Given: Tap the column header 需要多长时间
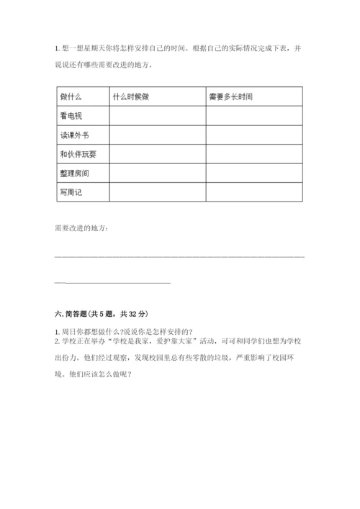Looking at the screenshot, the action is click(x=230, y=96).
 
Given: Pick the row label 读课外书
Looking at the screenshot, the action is click(x=75, y=135).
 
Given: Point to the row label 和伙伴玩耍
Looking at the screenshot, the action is click(x=78, y=154).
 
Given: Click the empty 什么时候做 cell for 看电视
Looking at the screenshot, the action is click(x=157, y=116).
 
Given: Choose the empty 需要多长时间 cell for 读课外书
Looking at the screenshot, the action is click(x=254, y=135).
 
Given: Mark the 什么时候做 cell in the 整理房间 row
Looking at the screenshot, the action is click(x=157, y=174).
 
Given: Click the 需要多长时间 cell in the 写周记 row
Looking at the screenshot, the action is click(x=254, y=192).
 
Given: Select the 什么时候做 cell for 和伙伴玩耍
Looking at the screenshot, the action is click(x=157, y=154).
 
